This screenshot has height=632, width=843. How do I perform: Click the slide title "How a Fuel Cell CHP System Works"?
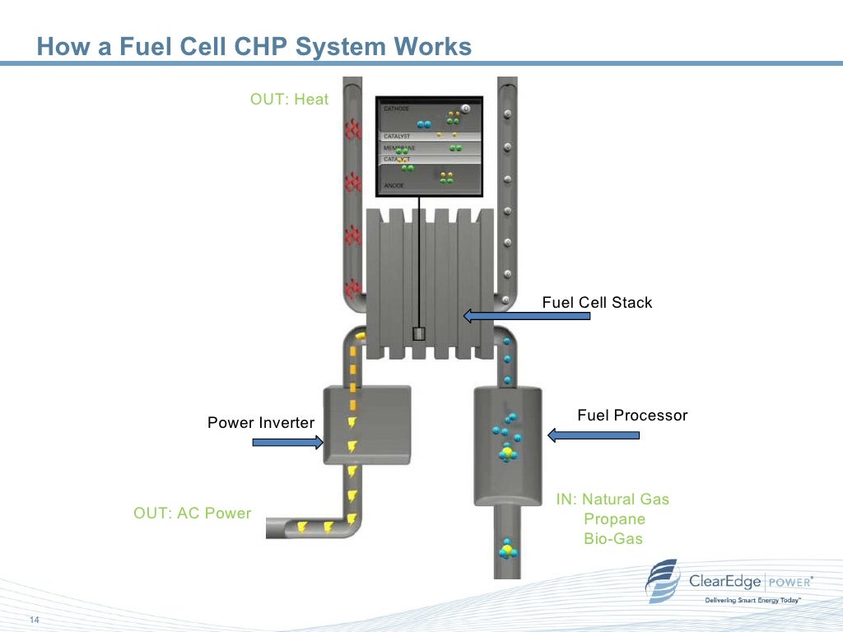point(254,47)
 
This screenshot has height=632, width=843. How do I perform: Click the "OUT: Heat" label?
point(289,100)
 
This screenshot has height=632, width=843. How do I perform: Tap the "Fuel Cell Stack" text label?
point(596,303)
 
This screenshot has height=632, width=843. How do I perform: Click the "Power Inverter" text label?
point(260,423)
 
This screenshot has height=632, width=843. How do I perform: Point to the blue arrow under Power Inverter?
point(287,443)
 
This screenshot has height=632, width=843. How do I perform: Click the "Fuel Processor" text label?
point(631,416)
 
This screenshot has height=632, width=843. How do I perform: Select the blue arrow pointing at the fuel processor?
point(594,435)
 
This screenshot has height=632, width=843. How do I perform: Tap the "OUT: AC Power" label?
point(192,513)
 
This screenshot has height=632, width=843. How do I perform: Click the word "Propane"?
point(614,519)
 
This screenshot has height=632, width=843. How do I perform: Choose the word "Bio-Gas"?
point(612,539)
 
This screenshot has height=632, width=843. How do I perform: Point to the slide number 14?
point(35,620)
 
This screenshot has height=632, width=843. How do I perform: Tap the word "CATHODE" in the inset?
point(396,109)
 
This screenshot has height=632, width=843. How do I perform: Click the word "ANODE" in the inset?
point(394,186)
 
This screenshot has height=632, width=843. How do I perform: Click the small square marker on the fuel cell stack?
point(418,333)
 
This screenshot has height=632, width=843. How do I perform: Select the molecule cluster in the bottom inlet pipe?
point(507,550)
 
